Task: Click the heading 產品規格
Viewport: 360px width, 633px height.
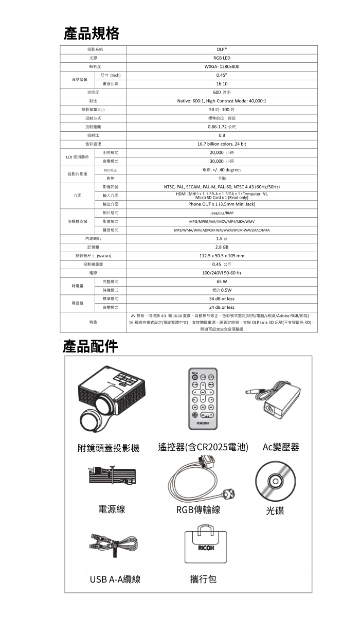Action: point(91,33)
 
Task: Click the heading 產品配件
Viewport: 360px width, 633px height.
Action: point(91,346)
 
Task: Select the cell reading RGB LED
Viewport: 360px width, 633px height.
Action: point(222,58)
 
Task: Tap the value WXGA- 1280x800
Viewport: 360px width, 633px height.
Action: point(222,66)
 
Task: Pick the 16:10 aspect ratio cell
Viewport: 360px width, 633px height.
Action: point(222,83)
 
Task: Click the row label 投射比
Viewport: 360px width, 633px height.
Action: point(93,135)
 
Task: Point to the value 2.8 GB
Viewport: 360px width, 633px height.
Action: point(222,247)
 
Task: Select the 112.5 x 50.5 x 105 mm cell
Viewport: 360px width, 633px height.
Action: point(222,255)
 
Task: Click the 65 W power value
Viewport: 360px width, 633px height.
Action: point(222,282)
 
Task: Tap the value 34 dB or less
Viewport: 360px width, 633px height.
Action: point(222,298)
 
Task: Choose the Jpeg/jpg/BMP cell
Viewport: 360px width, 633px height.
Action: point(222,213)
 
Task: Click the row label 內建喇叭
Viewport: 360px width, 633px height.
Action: point(93,239)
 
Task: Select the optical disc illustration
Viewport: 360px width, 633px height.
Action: point(275,483)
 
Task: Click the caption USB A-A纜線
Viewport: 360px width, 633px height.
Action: point(115,579)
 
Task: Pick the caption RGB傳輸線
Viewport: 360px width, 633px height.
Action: point(198,509)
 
